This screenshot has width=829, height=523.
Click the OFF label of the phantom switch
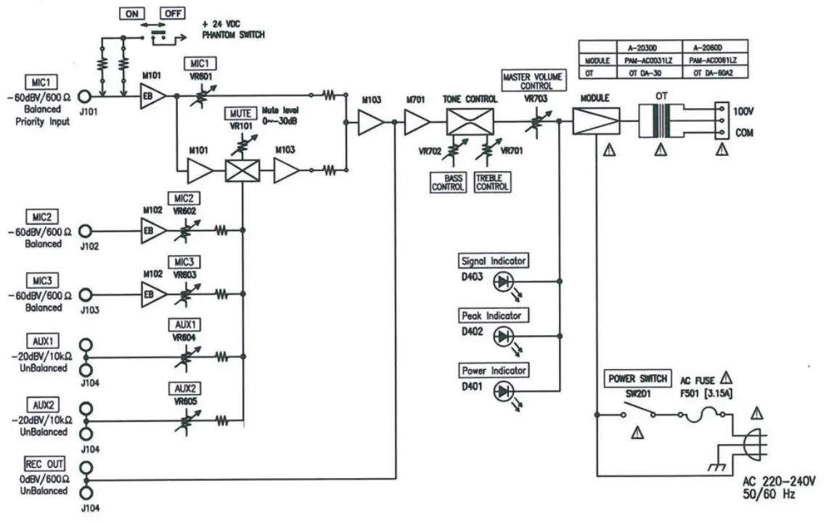(172, 14)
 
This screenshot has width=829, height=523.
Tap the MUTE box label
(240, 114)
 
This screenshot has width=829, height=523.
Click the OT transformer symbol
(661, 120)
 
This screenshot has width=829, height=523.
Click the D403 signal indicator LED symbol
(503, 281)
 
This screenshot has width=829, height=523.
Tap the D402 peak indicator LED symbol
(503, 336)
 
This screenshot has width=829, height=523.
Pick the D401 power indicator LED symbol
(503, 392)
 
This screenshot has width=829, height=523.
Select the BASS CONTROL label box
(448, 182)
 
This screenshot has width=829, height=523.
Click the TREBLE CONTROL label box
(491, 182)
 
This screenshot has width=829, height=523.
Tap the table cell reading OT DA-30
(640, 73)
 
